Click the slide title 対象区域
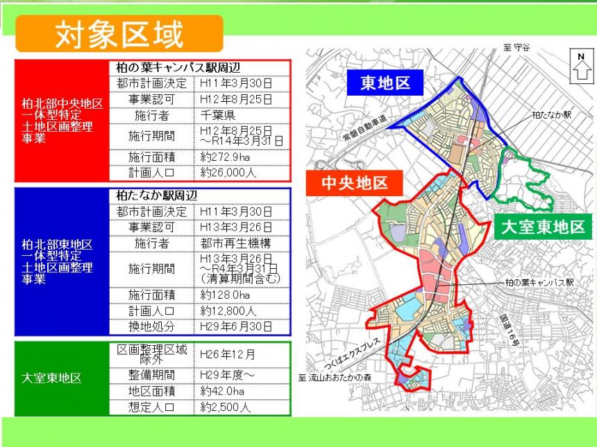[119, 33]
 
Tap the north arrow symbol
[580, 67]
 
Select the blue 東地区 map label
[385, 84]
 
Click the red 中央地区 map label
[353, 184]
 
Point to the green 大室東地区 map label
[545, 226]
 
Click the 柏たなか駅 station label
[551, 114]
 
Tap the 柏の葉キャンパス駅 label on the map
[539, 283]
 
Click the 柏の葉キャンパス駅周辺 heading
[178, 67]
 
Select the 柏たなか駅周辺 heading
[157, 196]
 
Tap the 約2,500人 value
[225, 407]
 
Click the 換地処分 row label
[151, 326]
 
